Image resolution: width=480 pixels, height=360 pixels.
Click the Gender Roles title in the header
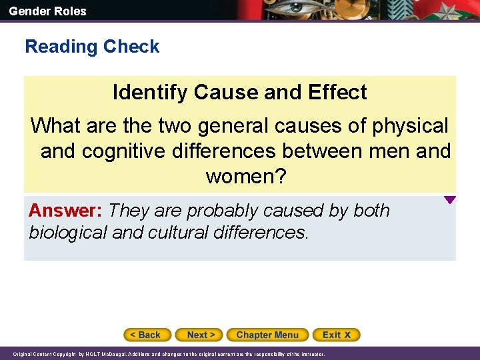click(x=47, y=11)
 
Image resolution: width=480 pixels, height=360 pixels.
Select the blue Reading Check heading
click(x=92, y=47)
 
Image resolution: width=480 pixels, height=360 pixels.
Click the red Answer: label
click(x=65, y=211)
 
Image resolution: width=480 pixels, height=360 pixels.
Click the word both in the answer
click(x=371, y=211)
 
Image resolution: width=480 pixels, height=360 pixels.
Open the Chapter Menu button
click(x=267, y=335)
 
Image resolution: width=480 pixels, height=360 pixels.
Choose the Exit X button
click(x=336, y=335)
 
